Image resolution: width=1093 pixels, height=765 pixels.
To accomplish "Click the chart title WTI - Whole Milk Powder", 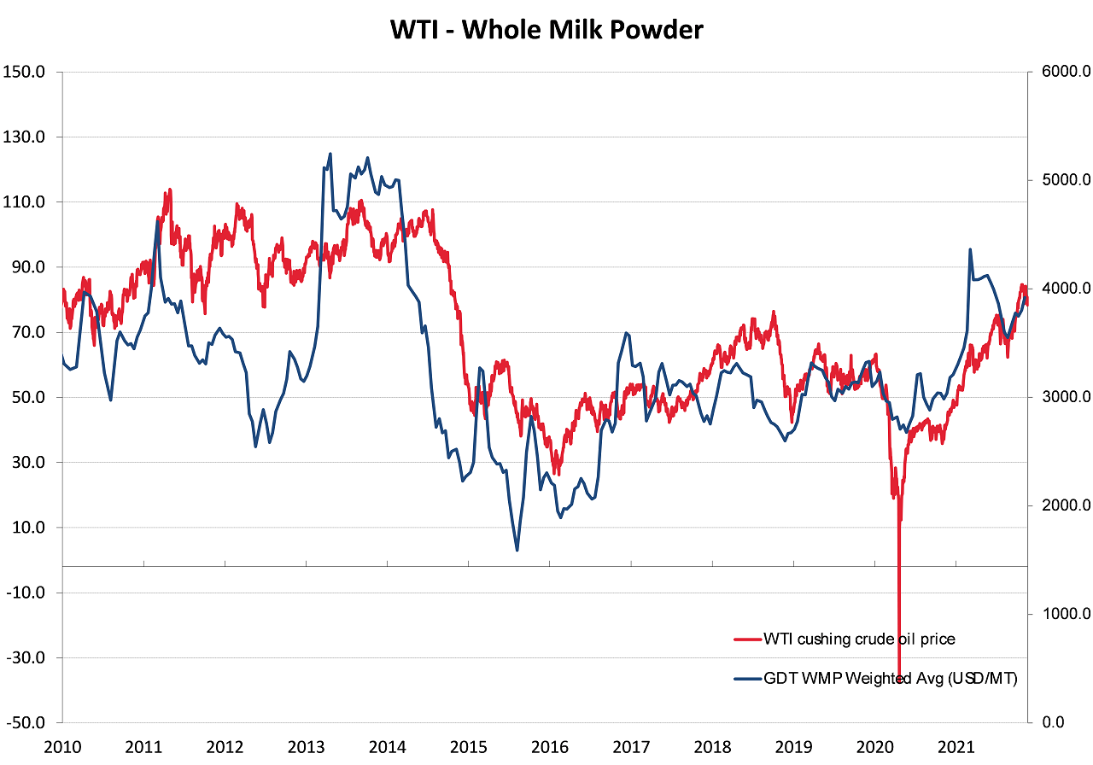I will (x=546, y=30).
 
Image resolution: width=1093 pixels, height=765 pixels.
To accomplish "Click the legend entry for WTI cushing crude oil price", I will (x=859, y=639).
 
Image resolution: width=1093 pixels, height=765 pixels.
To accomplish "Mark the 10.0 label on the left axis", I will (x=27, y=528).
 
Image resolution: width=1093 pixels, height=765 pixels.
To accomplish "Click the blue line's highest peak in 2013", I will (x=330, y=154).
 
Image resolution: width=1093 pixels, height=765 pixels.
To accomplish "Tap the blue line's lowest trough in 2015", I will (x=517, y=550).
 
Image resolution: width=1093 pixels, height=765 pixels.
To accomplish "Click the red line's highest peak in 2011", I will (x=170, y=190).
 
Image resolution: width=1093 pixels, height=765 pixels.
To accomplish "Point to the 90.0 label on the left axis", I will (x=27, y=267).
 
